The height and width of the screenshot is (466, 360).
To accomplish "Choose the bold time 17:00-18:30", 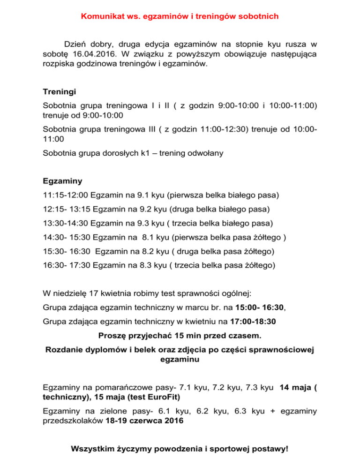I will click(259, 322).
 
